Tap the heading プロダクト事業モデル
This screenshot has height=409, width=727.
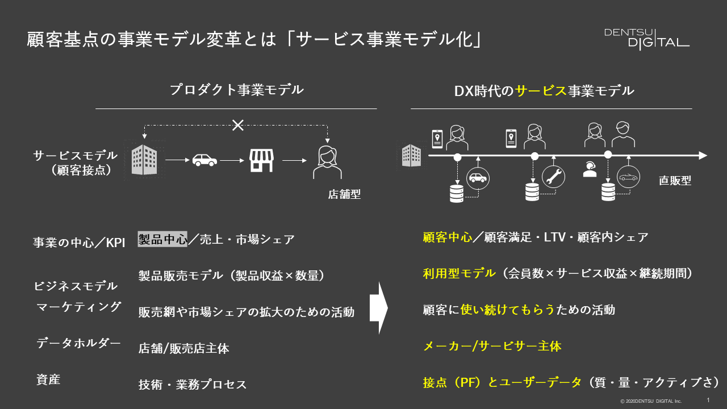click(236, 90)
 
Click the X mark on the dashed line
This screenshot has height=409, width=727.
click(238, 125)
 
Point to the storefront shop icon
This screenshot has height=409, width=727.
click(262, 161)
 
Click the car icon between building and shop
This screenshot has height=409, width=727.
click(204, 161)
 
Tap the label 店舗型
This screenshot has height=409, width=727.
click(344, 194)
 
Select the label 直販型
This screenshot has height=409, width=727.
click(675, 181)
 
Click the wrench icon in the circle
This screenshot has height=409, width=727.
click(553, 177)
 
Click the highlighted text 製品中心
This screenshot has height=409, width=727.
click(162, 239)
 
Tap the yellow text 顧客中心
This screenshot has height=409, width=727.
click(448, 237)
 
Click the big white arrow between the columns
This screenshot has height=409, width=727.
click(379, 309)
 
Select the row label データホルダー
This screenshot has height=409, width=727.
click(78, 343)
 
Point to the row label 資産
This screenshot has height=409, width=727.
click(48, 380)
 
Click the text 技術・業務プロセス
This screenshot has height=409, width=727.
click(193, 384)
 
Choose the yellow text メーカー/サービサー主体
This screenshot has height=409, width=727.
click(492, 345)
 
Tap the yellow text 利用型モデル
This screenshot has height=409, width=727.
click(459, 273)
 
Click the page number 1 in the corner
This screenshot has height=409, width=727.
click(708, 400)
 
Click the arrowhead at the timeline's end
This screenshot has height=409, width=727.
click(703, 155)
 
